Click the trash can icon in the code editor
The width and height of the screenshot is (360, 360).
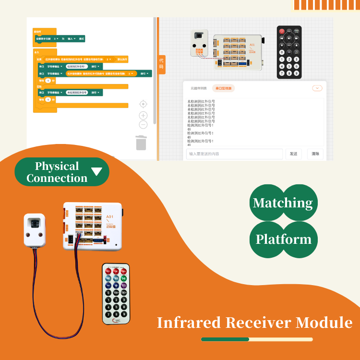pos(141,143)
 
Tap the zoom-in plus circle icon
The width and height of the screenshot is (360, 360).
pos(143,115)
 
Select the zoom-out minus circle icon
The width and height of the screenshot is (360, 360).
pos(143,125)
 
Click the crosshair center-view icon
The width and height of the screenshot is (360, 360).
pos(143,104)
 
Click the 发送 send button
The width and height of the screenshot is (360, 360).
pos(293,154)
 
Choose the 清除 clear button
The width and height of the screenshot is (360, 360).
pos(315,154)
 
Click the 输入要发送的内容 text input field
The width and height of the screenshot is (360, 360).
pos(234,154)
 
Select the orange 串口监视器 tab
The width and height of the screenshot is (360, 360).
pos(224,88)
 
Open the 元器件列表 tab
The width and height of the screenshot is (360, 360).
pos(199,88)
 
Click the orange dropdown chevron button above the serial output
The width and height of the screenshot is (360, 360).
pos(317,88)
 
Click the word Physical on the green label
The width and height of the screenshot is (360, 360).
pos(57,166)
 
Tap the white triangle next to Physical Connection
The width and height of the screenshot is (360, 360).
pos(96,172)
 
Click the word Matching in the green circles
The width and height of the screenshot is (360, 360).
pos(283,203)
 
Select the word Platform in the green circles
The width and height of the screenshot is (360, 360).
pos(283,239)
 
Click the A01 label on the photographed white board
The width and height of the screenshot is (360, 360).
pos(110,217)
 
